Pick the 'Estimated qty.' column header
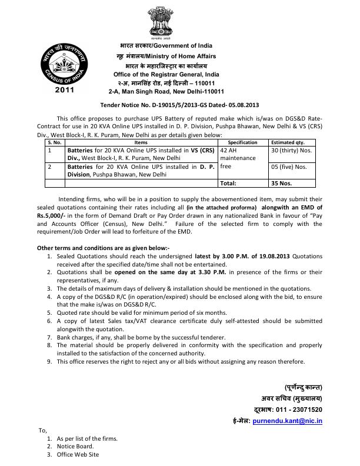(x=288, y=142)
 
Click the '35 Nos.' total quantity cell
(x=281, y=183)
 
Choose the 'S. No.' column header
(x=54, y=142)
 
